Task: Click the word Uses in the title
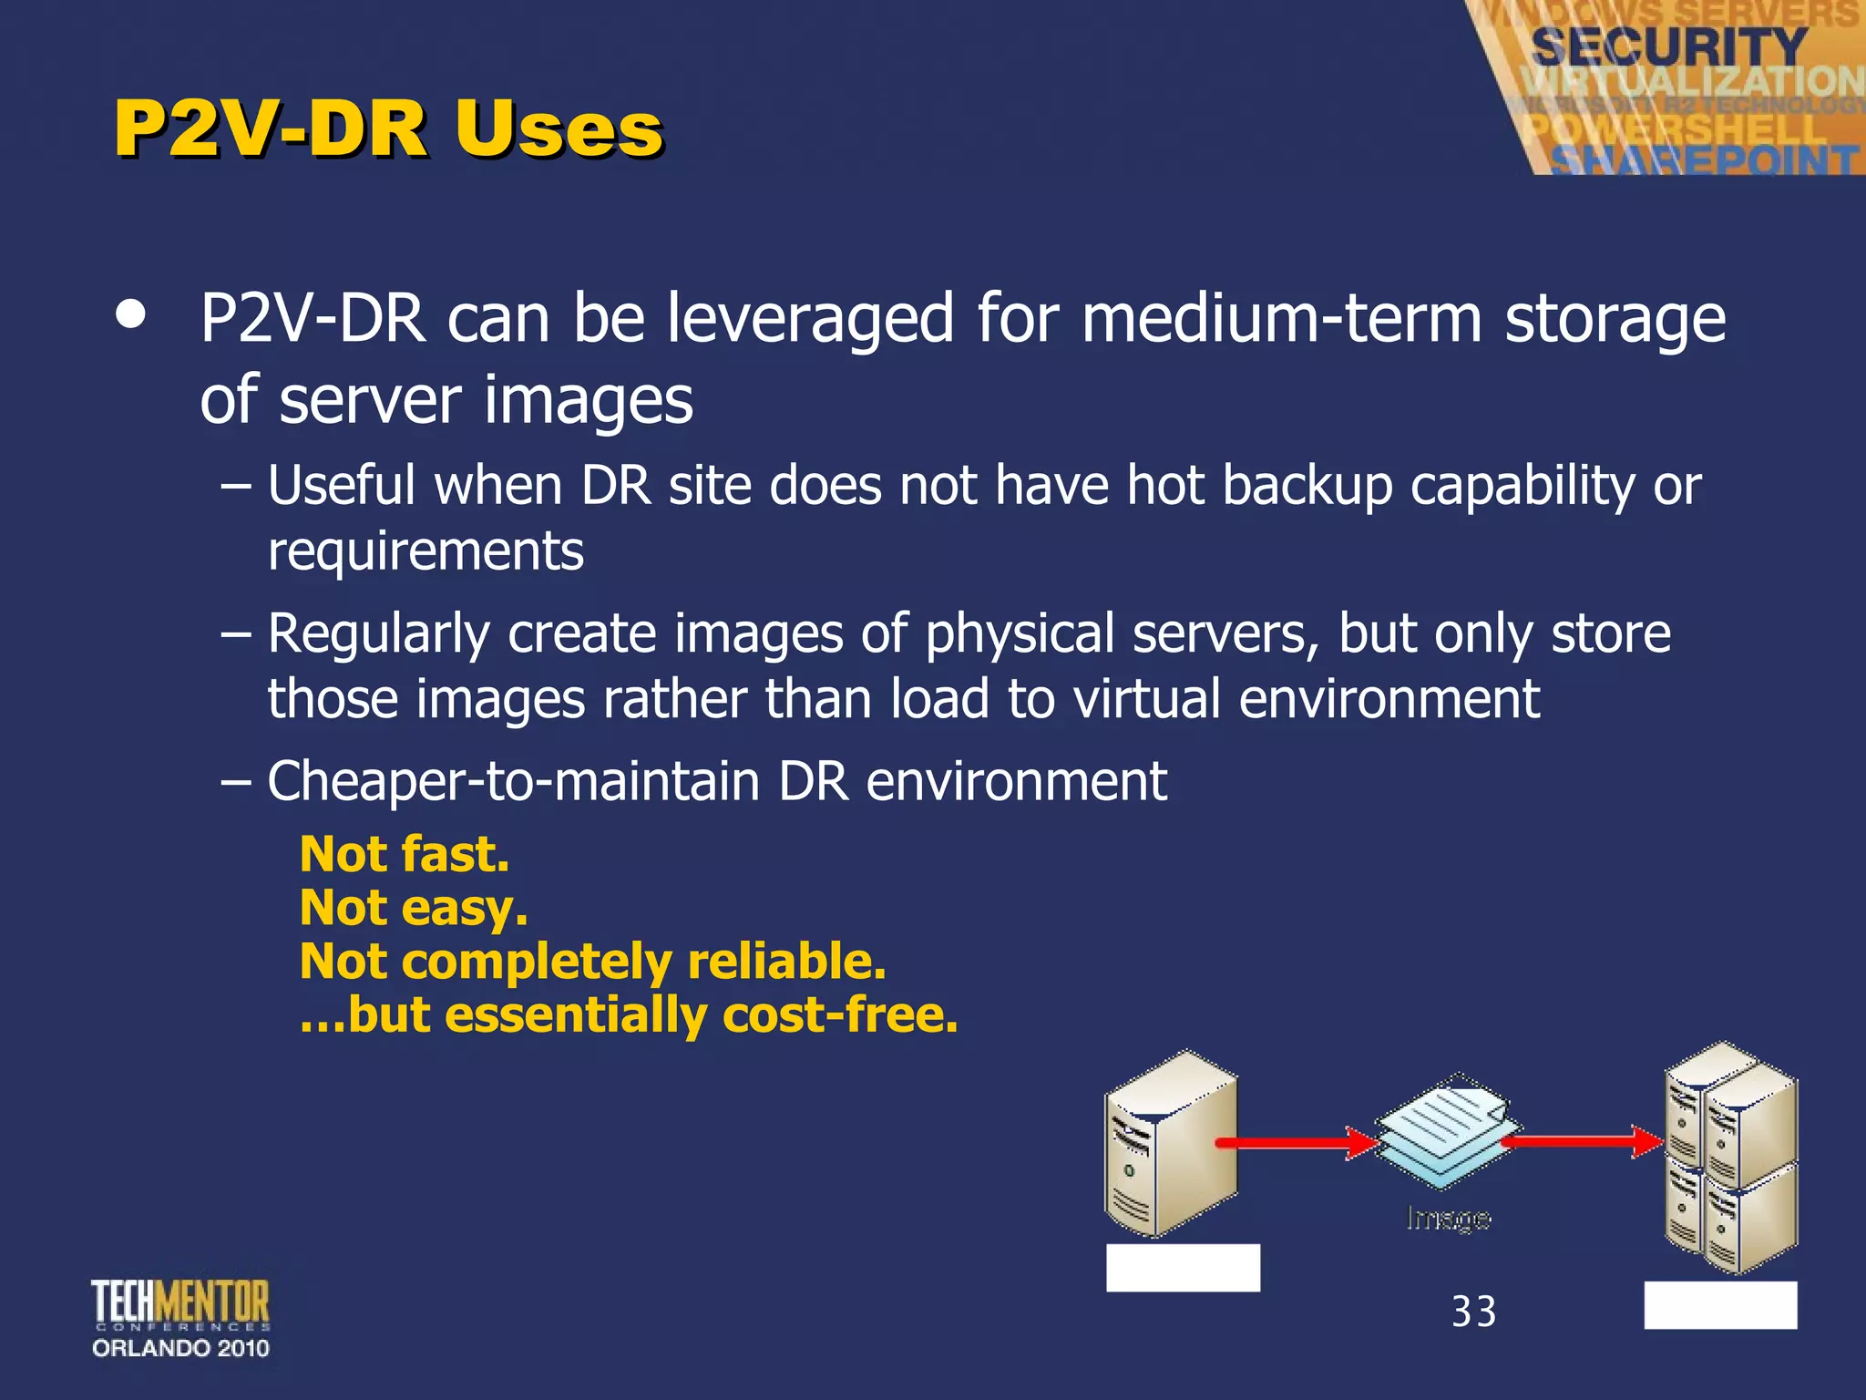pyautogui.click(x=559, y=129)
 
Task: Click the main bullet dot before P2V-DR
pyautogui.click(x=131, y=314)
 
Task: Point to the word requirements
pyautogui.click(x=425, y=551)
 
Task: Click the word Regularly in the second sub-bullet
pyautogui.click(x=378, y=634)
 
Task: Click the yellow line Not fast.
pyautogui.click(x=404, y=854)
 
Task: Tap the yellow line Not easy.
pyautogui.click(x=414, y=908)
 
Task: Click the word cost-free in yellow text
pyautogui.click(x=839, y=1014)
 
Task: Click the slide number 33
pyautogui.click(x=1473, y=1312)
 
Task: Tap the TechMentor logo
pyautogui.click(x=180, y=1303)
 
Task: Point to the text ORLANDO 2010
pyautogui.click(x=180, y=1348)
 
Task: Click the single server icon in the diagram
pyautogui.click(x=1171, y=1144)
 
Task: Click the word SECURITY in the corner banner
pyautogui.click(x=1668, y=46)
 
